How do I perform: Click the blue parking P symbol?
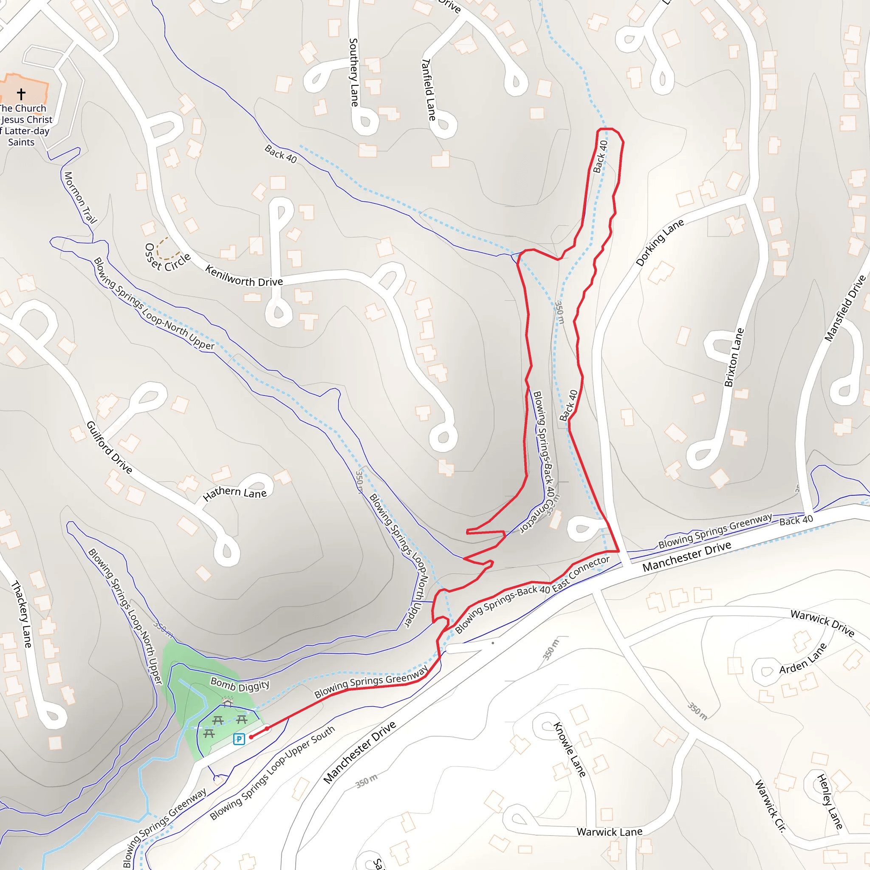point(239,739)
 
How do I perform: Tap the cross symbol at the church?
point(21,93)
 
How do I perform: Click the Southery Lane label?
point(354,72)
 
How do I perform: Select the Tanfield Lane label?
point(428,89)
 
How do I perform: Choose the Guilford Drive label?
point(109,448)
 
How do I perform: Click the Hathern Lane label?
point(234,493)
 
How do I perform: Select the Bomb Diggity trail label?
point(240,685)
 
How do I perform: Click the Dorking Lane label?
point(660,242)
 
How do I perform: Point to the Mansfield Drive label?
point(845,308)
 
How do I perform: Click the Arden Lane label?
point(803,658)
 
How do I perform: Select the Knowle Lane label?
point(570,749)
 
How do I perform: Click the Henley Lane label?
point(830,802)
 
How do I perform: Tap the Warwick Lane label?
point(609,832)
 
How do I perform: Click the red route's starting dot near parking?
point(251,737)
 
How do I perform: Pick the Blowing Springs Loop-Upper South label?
point(272,773)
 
